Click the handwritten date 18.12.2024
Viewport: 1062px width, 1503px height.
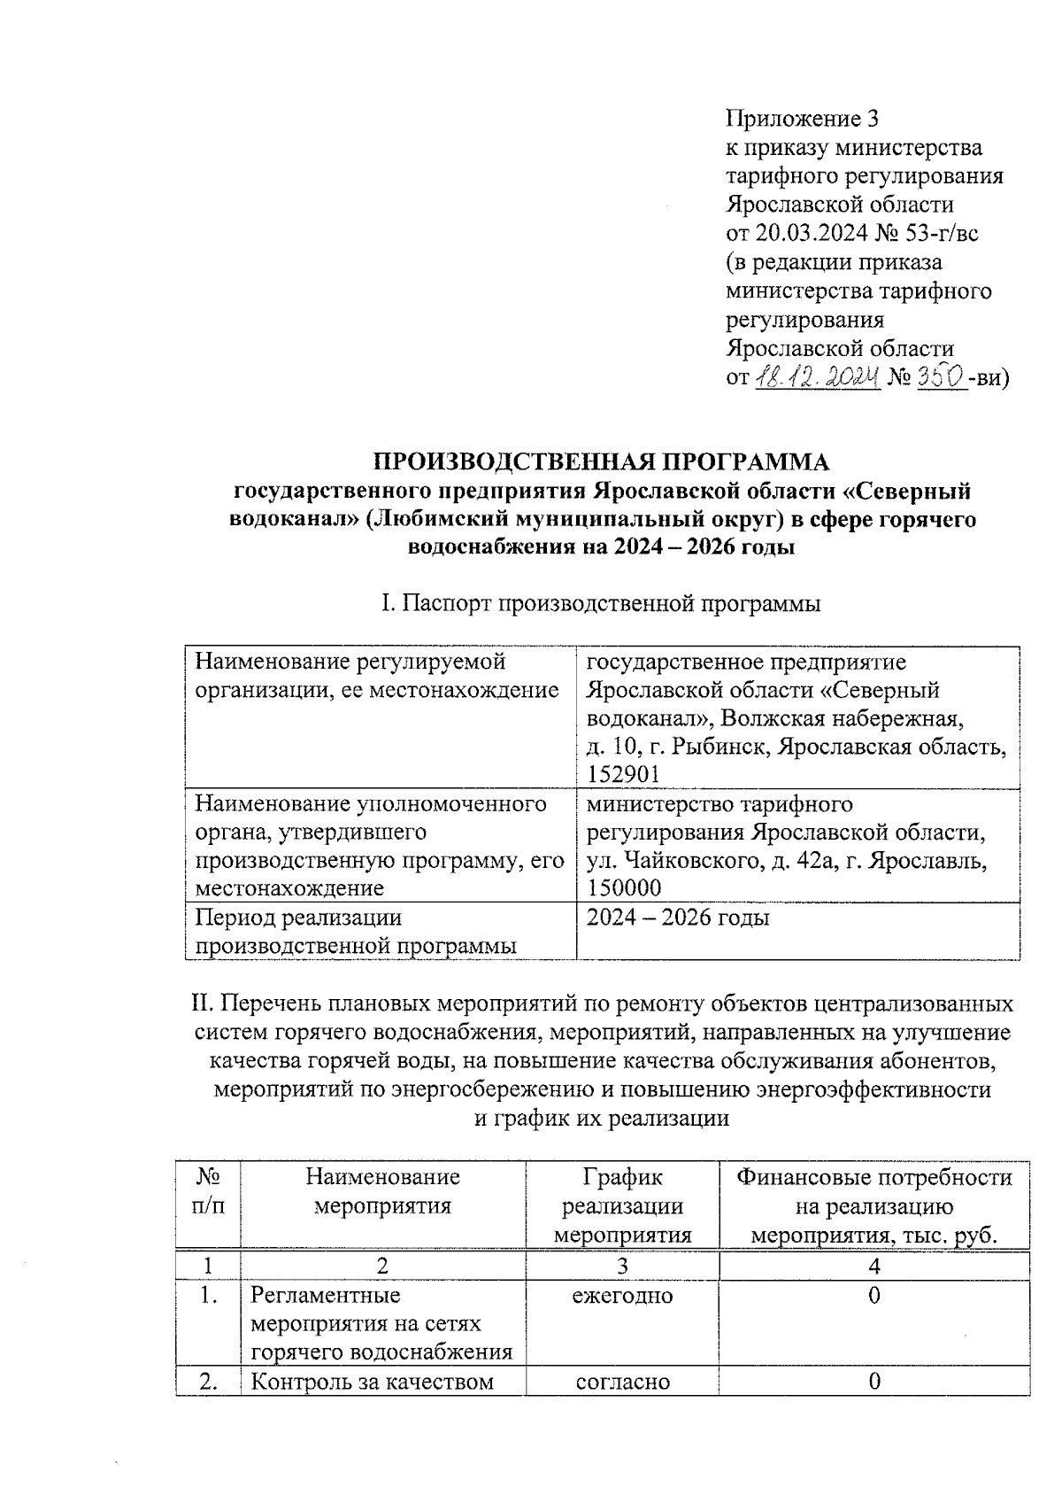[x=819, y=378]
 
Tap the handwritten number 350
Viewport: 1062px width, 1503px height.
[x=940, y=378]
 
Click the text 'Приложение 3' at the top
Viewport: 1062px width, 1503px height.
[x=802, y=119]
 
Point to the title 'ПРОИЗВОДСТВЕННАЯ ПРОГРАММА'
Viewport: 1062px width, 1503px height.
[x=602, y=461]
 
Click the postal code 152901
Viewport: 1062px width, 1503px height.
[x=623, y=775]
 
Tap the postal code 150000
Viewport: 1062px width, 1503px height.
[x=623, y=888]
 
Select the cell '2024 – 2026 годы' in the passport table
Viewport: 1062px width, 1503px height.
[x=678, y=918]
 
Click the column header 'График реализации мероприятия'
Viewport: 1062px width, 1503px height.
[x=622, y=1205]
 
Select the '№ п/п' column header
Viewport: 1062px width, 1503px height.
[x=208, y=1191]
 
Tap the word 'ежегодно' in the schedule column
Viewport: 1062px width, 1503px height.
[x=622, y=1296]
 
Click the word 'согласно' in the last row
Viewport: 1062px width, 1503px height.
[x=622, y=1381]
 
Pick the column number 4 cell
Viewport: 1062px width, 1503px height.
[x=874, y=1267]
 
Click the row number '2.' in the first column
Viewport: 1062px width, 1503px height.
[x=208, y=1381]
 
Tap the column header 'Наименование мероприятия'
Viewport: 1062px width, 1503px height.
[x=383, y=1191]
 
